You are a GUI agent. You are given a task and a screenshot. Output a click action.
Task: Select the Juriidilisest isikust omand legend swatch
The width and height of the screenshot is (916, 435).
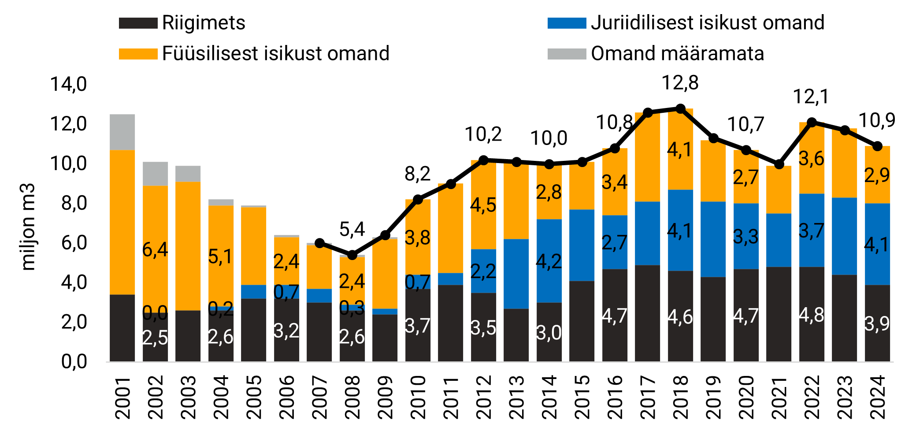[567, 23]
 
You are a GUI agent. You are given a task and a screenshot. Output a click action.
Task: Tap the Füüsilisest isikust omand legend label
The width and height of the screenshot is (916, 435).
[276, 53]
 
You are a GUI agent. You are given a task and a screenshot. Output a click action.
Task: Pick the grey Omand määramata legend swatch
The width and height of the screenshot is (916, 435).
[567, 53]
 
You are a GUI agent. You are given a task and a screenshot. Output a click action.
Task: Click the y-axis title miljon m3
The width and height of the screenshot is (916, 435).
[28, 227]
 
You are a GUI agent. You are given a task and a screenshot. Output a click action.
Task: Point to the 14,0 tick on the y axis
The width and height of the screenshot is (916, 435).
[69, 84]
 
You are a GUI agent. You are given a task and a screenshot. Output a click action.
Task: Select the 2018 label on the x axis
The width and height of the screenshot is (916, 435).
[681, 397]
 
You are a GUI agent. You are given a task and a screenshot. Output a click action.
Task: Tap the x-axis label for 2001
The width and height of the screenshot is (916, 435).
[122, 397]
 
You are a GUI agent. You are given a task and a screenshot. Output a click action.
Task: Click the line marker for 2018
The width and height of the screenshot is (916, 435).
[680, 108]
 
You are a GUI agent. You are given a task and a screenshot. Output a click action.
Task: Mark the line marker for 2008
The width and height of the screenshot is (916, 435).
[352, 255]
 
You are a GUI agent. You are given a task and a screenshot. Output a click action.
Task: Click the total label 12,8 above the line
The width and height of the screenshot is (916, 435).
[680, 83]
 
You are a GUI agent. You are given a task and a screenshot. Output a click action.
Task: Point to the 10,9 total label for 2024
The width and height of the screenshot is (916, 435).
[877, 120]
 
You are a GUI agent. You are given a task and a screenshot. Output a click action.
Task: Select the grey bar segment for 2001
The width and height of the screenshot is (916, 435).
[122, 132]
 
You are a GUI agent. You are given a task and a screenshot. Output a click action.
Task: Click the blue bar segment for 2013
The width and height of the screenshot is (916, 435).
[516, 274]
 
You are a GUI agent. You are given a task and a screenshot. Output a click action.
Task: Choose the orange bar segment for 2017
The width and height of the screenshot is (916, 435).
[648, 157]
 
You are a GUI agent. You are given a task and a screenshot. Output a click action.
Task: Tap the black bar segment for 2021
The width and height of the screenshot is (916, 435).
[779, 314]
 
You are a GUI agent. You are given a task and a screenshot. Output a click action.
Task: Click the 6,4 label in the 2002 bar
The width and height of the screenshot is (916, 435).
[155, 250]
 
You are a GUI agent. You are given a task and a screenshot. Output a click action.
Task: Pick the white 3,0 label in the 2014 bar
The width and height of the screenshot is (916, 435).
[549, 333]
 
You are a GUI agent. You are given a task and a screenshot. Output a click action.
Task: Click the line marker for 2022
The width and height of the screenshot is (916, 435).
[812, 122]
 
